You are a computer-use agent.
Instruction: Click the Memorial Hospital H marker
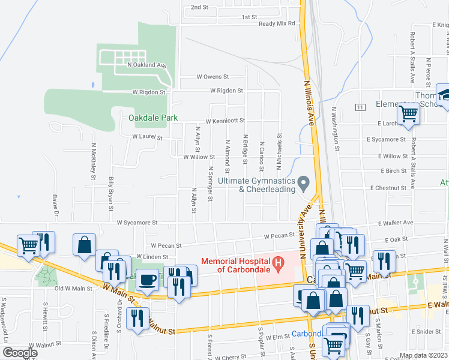tap(278, 262)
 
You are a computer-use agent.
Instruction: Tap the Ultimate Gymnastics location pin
tap(304, 182)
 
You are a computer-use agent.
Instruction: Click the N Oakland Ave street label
tap(146, 64)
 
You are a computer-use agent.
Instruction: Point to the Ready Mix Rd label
tap(277, 23)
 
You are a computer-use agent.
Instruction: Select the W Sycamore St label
tap(137, 222)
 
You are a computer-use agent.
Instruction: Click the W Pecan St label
tap(166, 245)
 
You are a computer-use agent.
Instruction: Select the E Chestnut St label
tap(389, 188)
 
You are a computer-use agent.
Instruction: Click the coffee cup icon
tap(148, 279)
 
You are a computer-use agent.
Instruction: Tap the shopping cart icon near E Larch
tap(409, 113)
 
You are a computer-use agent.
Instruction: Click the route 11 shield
tap(359, 107)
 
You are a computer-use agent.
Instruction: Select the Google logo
tap(20, 353)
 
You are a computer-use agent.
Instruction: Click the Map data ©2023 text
tap(424, 355)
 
